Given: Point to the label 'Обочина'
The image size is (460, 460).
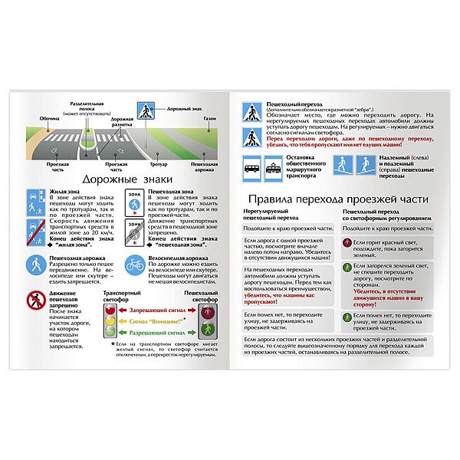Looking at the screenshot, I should (x=49, y=118).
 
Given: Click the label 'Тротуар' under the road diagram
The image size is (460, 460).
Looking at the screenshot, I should (x=158, y=164).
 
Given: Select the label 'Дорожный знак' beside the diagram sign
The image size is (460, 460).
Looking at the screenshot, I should (x=181, y=109).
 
